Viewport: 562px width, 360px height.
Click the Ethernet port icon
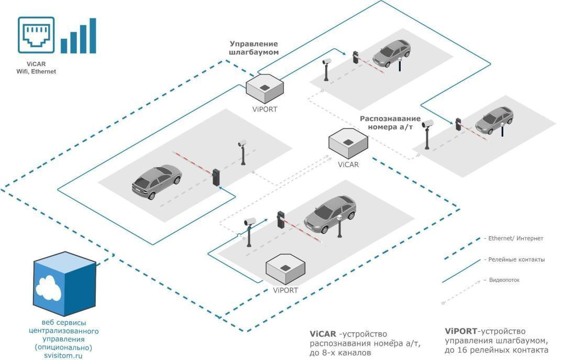tap(36, 35)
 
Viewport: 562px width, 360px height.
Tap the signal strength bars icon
tap(79, 37)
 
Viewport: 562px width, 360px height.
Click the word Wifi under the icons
tap(24, 71)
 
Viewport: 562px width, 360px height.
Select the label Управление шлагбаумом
tap(254, 48)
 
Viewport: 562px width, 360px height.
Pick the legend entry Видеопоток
tap(505, 280)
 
